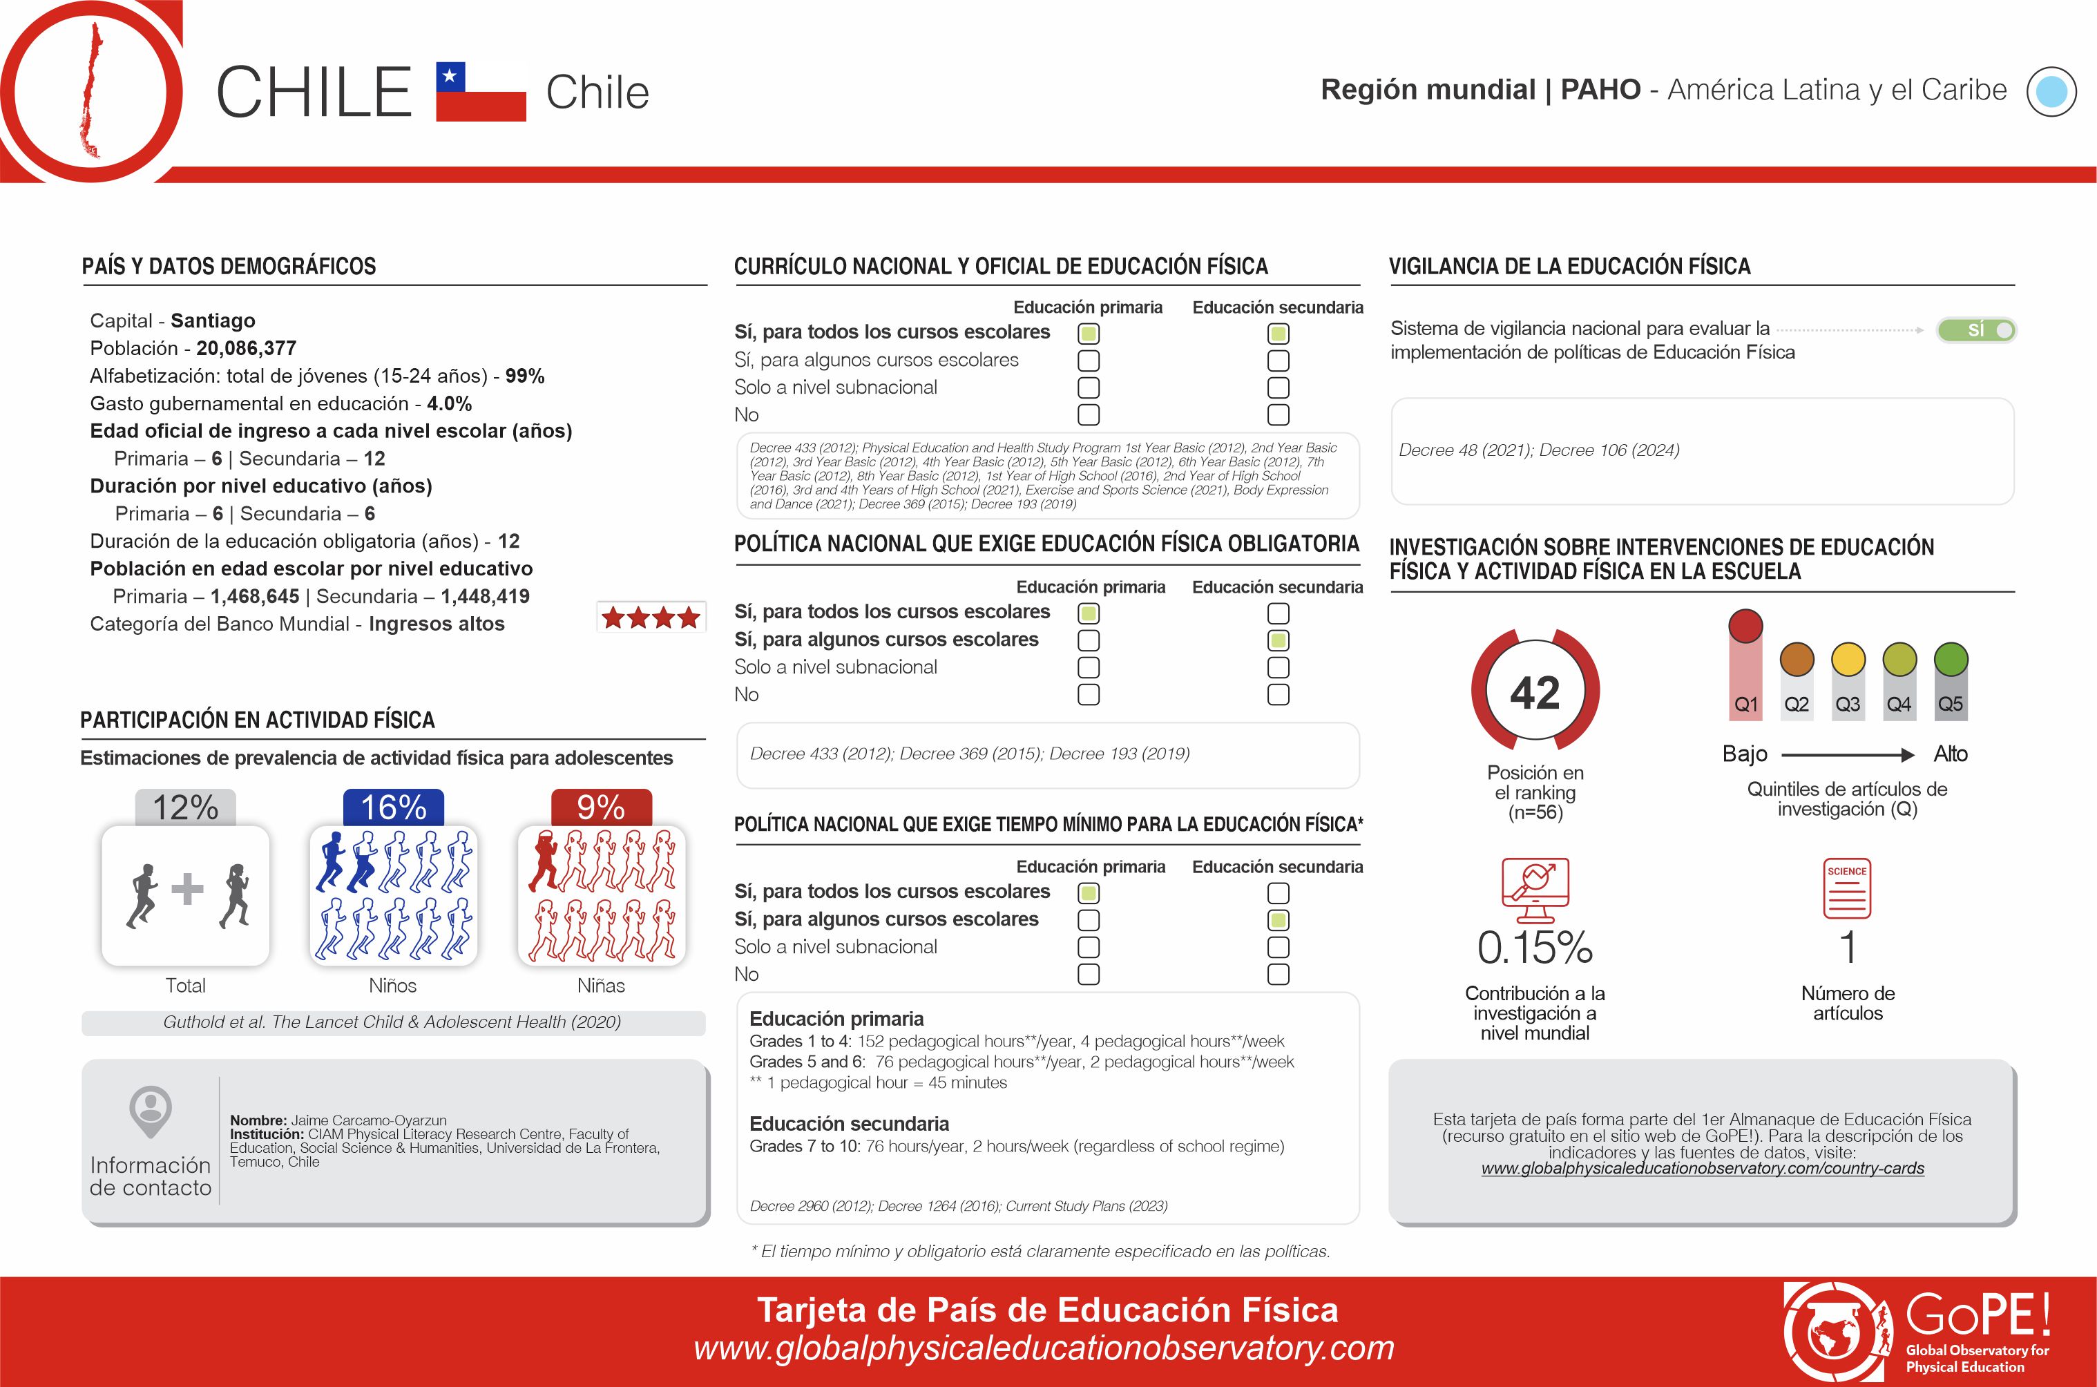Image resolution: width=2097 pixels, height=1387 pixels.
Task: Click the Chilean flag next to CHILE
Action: pyautogui.click(x=481, y=91)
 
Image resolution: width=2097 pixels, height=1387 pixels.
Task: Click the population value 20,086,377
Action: pyautogui.click(x=246, y=349)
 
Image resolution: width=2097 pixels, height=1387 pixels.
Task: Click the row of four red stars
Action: pyautogui.click(x=651, y=618)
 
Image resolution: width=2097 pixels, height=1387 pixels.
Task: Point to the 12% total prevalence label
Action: pyautogui.click(x=185, y=807)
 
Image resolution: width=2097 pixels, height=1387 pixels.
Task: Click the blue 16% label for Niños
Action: pyautogui.click(x=394, y=807)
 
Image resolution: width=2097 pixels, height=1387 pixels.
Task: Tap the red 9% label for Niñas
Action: pyautogui.click(x=602, y=807)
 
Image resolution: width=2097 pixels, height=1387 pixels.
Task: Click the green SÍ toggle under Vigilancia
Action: pyautogui.click(x=1976, y=330)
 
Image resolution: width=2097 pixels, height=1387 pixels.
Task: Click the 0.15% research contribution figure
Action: pyautogui.click(x=1535, y=948)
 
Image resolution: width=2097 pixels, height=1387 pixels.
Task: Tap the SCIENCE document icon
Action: pyautogui.click(x=1847, y=888)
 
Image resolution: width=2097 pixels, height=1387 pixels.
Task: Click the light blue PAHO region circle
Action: pyautogui.click(x=2051, y=92)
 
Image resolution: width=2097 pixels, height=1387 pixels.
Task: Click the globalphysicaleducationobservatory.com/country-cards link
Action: pyautogui.click(x=1703, y=1169)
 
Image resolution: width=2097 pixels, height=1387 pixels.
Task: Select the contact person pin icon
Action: pyautogui.click(x=151, y=1111)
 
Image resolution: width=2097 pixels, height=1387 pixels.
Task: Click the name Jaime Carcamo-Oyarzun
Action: pyautogui.click(x=368, y=1120)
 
